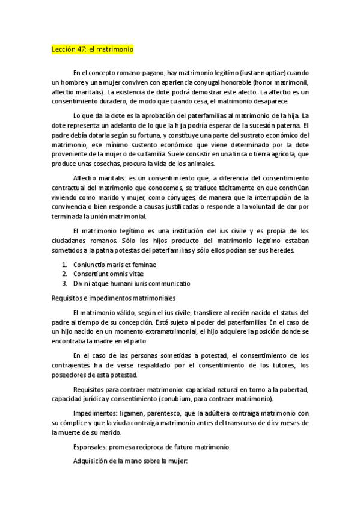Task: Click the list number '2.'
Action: tap(65, 274)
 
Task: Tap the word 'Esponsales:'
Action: tap(92, 447)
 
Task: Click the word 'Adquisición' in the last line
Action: tap(93, 462)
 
